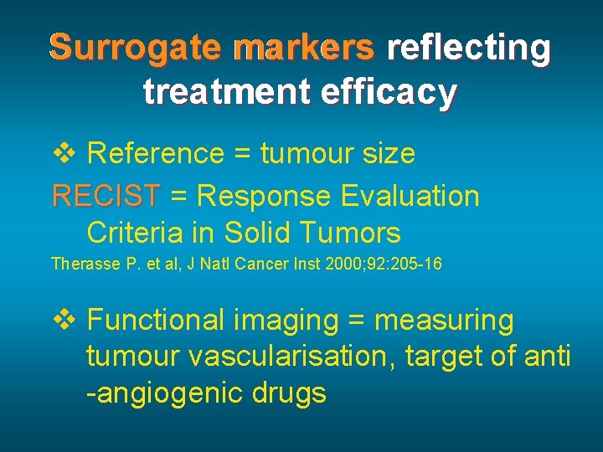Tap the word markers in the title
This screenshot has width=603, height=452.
(304, 49)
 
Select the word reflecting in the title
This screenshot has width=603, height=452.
(469, 49)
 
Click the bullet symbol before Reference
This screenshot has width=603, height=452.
(65, 153)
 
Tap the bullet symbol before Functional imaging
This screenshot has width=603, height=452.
(65, 319)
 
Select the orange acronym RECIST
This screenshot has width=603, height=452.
(106, 197)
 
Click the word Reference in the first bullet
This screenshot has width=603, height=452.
(156, 154)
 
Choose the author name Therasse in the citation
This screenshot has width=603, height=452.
(82, 265)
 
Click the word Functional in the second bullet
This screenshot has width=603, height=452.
(156, 320)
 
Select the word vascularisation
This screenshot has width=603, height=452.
(292, 357)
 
